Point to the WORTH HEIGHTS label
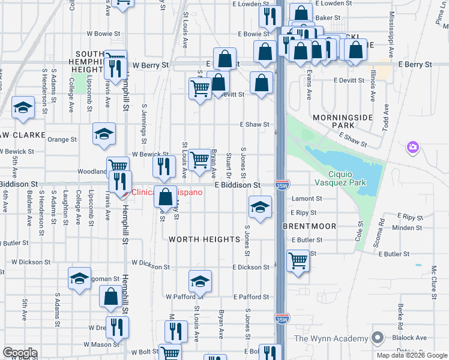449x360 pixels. point(204,239)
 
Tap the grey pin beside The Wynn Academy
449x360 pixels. point(377,338)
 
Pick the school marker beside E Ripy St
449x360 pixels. point(259,208)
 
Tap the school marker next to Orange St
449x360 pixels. point(104,134)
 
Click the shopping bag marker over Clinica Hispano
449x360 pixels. point(165,196)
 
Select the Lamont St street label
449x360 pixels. point(307,199)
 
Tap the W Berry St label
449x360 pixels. point(152,65)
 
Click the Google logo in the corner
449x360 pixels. point(20,353)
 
